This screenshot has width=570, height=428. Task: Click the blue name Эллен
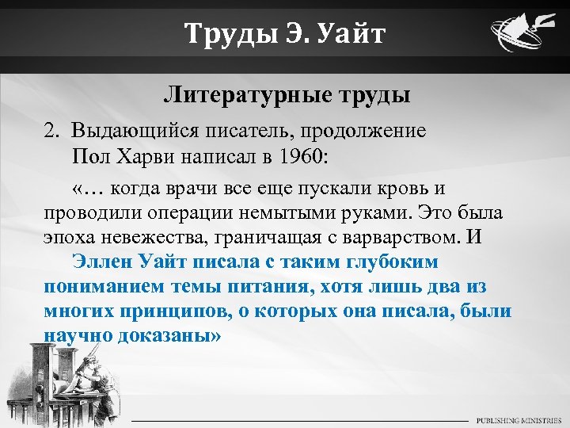point(102,262)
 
